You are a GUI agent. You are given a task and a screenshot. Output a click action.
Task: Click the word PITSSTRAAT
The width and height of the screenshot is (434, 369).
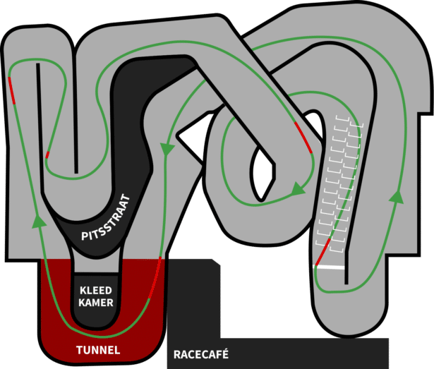pos(106,218)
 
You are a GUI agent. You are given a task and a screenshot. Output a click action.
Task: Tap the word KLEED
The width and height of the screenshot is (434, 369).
pos(96,291)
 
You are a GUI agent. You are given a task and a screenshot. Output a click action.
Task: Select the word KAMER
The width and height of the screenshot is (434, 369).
pos(96,303)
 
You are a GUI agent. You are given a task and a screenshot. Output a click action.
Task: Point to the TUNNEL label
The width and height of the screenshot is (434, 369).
pos(98,350)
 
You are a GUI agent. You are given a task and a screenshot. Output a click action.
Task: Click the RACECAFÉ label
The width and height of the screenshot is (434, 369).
pos(201,354)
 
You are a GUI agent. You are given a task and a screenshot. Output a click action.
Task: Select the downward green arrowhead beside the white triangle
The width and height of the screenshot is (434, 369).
pos(167,149)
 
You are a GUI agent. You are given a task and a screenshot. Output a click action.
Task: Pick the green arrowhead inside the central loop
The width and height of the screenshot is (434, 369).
pos(298,188)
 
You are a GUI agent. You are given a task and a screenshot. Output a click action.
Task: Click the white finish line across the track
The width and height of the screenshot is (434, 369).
pos(330,267)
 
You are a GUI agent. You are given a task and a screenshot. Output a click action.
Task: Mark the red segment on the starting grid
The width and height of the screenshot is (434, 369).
pos(323,251)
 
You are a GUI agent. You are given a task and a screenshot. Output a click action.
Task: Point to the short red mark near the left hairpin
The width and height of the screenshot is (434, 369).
pos(47,155)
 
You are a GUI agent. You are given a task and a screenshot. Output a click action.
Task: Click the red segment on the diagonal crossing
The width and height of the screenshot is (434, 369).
pos(303,138)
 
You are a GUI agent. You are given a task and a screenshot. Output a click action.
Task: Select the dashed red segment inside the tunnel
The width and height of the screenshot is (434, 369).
pos(155,278)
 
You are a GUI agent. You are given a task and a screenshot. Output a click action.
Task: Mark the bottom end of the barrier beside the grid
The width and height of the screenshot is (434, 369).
pos(346,283)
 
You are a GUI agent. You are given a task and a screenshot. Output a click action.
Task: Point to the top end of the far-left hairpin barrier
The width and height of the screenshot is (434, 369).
pos(38,65)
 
